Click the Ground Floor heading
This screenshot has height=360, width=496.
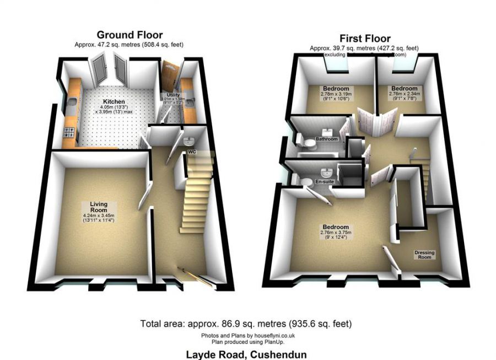coord(130,35)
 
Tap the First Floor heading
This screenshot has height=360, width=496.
coord(365,39)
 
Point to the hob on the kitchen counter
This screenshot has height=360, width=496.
coord(71,132)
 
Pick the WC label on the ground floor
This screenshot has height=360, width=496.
coord(192,151)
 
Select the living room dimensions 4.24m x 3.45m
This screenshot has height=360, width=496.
coord(98,215)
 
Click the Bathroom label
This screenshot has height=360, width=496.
coord(326,139)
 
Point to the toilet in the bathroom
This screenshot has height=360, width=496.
coord(310,144)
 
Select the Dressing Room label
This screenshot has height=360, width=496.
coord(424,255)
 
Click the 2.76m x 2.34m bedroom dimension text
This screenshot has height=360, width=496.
coord(405,94)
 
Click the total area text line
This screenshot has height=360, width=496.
coord(246,324)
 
